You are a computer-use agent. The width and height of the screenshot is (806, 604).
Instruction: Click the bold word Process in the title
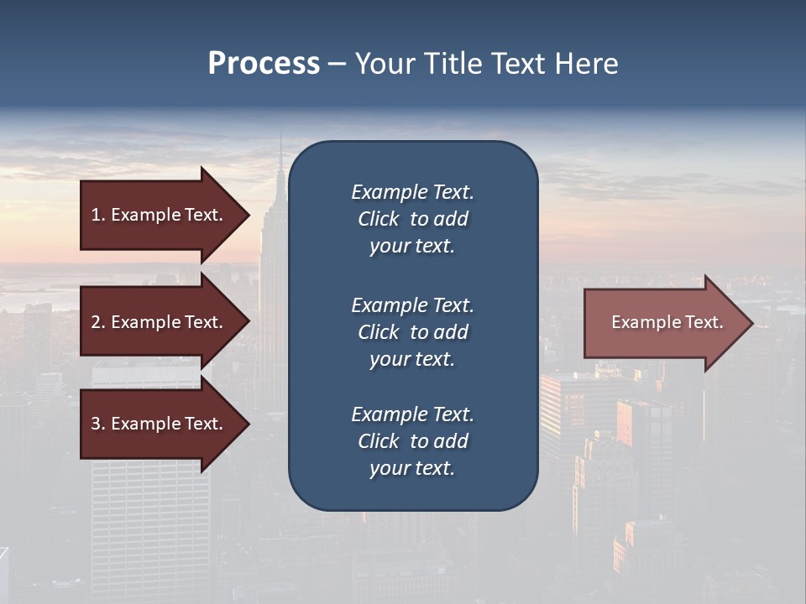pyautogui.click(x=264, y=64)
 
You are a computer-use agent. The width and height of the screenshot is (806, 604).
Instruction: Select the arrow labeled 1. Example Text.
pyautogui.click(x=160, y=215)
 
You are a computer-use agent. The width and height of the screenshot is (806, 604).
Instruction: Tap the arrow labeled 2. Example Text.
pyautogui.click(x=160, y=322)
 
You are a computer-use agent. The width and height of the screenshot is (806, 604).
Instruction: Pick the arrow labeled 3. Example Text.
pyautogui.click(x=160, y=424)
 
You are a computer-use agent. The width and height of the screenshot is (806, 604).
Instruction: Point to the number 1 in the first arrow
pyautogui.click(x=96, y=215)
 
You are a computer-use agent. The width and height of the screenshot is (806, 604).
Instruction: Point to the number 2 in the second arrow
pyautogui.click(x=96, y=322)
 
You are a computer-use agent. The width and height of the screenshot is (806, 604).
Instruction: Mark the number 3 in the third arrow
pyautogui.click(x=96, y=424)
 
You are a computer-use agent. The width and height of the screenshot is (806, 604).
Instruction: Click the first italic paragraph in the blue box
pyautogui.click(x=412, y=219)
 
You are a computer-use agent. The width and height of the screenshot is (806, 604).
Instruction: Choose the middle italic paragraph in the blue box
pyautogui.click(x=412, y=331)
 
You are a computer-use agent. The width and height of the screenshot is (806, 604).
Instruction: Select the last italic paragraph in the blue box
pyautogui.click(x=412, y=441)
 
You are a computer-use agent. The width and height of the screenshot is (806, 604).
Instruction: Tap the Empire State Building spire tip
pyautogui.click(x=280, y=137)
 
